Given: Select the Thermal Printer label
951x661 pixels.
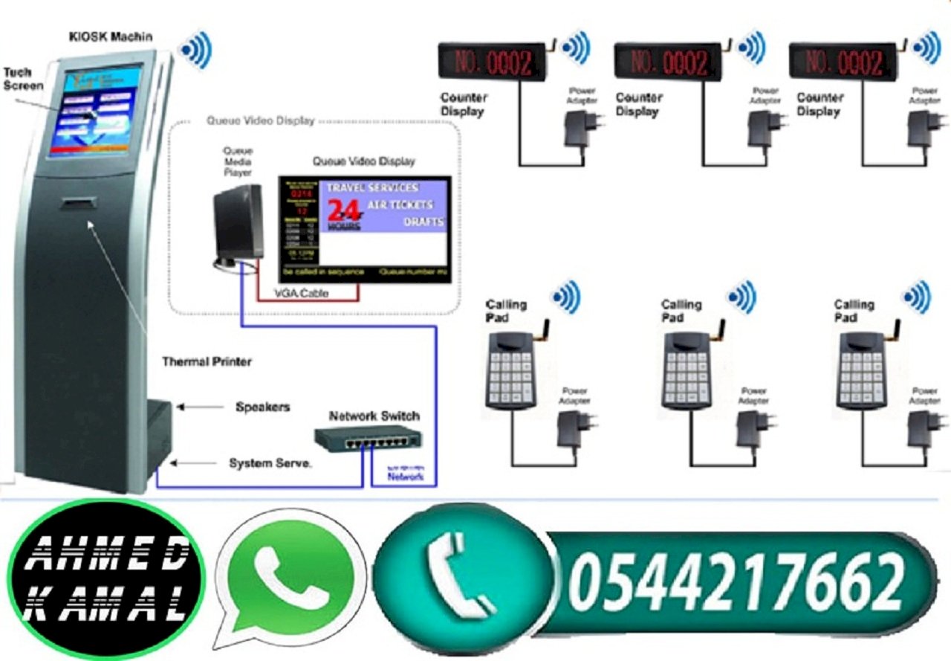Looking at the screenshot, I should (x=207, y=362).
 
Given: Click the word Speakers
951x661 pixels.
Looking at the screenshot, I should (x=262, y=407).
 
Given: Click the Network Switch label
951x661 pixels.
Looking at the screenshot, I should (x=374, y=416).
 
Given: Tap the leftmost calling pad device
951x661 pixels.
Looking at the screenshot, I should (x=512, y=368).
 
